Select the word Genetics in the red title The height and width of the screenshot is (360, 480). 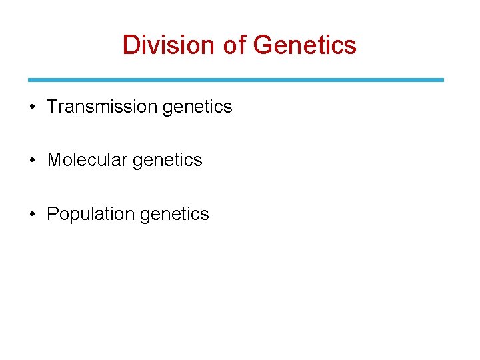click(305, 45)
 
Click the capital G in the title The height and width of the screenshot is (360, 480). click(264, 45)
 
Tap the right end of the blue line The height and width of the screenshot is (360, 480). click(442, 80)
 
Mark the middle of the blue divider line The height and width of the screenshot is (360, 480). click(236, 80)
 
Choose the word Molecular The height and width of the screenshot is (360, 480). click(87, 160)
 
